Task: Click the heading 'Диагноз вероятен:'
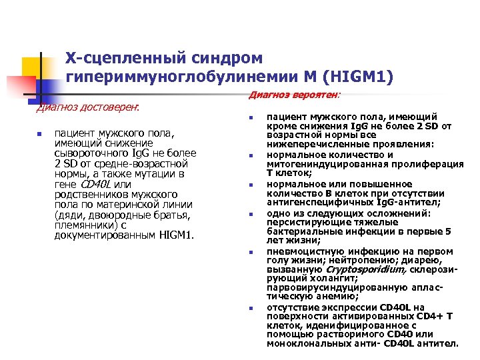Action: coord(293,95)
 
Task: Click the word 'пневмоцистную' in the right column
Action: coord(299,251)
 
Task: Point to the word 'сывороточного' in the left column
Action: coord(87,153)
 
